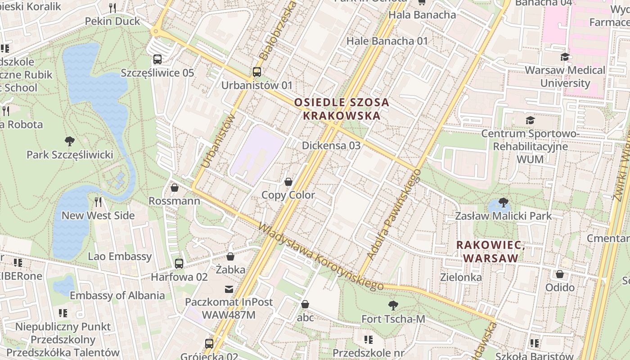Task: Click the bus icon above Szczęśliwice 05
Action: (x=157, y=59)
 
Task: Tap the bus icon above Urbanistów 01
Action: (x=256, y=72)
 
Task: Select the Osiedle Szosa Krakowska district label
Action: (x=342, y=109)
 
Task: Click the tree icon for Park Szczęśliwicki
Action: (x=69, y=141)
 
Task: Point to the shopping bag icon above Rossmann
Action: (x=175, y=187)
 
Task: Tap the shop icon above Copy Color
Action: (x=288, y=182)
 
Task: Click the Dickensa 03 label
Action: (x=331, y=145)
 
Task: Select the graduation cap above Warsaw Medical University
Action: (x=565, y=57)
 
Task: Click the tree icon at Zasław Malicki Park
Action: (x=503, y=202)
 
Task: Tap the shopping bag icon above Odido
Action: (x=560, y=274)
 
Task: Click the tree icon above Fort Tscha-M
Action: (x=393, y=306)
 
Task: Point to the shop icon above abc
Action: (x=305, y=304)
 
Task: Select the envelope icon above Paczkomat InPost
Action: (x=229, y=288)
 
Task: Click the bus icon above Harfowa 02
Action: (x=179, y=263)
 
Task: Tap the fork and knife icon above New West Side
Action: (x=98, y=202)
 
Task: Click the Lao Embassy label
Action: (x=120, y=256)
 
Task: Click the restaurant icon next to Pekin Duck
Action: (x=112, y=8)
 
